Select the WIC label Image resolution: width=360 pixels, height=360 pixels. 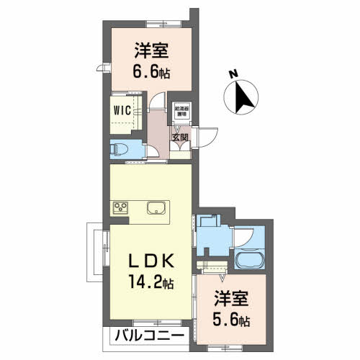coord(121,112)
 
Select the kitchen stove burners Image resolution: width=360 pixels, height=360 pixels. coord(120,209)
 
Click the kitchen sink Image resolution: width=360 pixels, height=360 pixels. coord(157,209)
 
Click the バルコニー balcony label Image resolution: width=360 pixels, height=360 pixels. coord(150,336)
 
